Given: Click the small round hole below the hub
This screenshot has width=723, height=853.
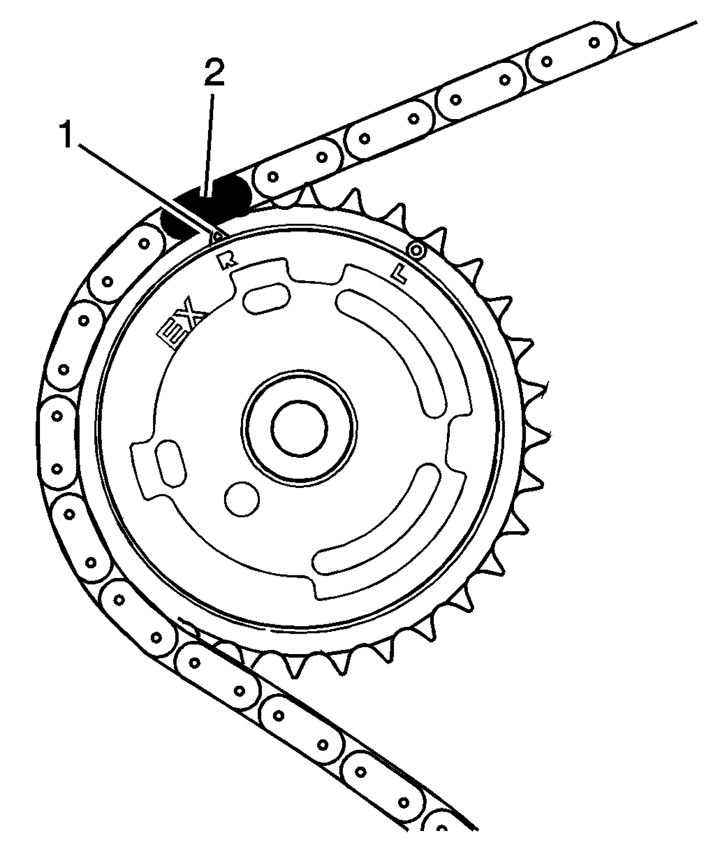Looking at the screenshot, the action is coord(242,499).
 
